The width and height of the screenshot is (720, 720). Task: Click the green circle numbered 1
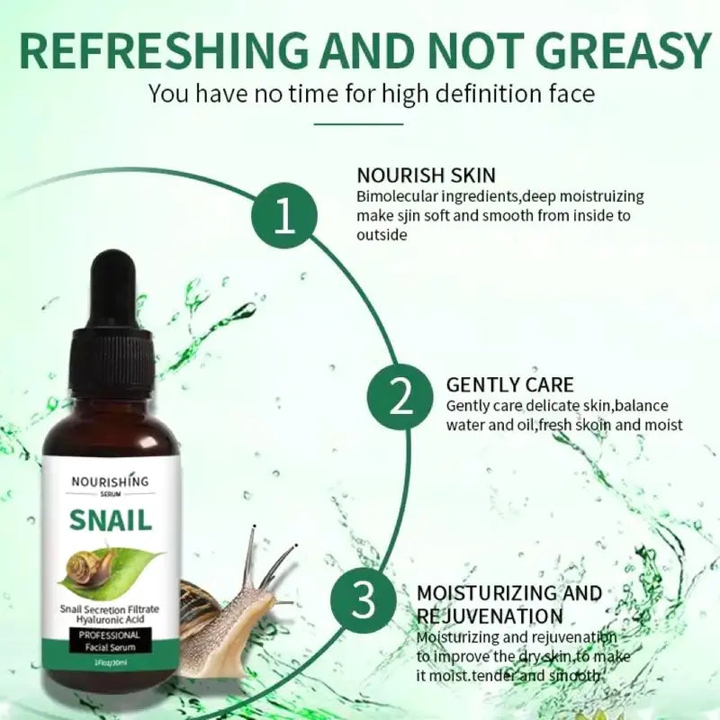284,215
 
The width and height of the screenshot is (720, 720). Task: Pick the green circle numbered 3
364,599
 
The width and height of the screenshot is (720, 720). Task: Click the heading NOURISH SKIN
426,175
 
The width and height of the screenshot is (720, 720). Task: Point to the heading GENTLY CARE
509,385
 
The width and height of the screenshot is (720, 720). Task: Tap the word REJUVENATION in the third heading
490,616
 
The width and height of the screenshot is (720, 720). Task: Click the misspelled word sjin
408,216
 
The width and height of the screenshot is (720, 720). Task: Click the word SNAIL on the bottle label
110,520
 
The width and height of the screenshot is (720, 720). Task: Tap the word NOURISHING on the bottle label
110,481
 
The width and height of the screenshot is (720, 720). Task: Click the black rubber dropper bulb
112,283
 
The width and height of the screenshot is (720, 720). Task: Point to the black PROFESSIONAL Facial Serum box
109,641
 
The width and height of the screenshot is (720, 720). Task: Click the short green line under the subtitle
358,123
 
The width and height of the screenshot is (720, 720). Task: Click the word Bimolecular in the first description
397,196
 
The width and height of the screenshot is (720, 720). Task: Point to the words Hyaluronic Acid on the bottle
110,620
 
